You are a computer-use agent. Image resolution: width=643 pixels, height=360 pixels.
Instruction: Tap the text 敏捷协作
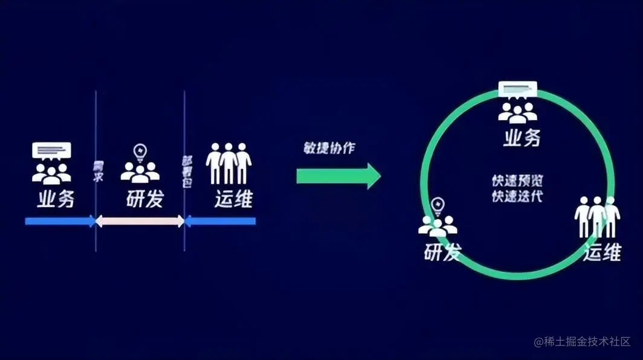coord(329,149)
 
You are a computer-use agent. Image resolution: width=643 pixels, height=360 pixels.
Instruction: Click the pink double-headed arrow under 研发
coord(140,222)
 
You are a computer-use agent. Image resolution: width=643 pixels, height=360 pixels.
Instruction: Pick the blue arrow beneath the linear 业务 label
coord(60,222)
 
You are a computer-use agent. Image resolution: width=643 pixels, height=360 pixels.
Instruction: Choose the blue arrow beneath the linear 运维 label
coord(221,222)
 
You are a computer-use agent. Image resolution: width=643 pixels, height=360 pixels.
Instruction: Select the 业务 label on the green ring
coord(521,138)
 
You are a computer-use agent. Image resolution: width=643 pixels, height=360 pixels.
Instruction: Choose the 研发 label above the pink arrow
coord(145,200)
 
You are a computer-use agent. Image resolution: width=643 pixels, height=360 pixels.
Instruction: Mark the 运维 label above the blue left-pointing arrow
coord(233,200)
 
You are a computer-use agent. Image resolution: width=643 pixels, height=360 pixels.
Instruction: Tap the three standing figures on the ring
coord(597,217)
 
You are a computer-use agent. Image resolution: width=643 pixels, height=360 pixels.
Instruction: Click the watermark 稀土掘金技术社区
coord(582,342)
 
